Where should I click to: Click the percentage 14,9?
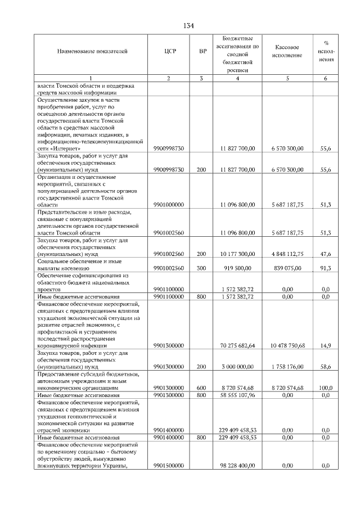(325, 345)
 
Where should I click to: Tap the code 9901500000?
(168, 466)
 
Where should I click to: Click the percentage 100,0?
(325, 388)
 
